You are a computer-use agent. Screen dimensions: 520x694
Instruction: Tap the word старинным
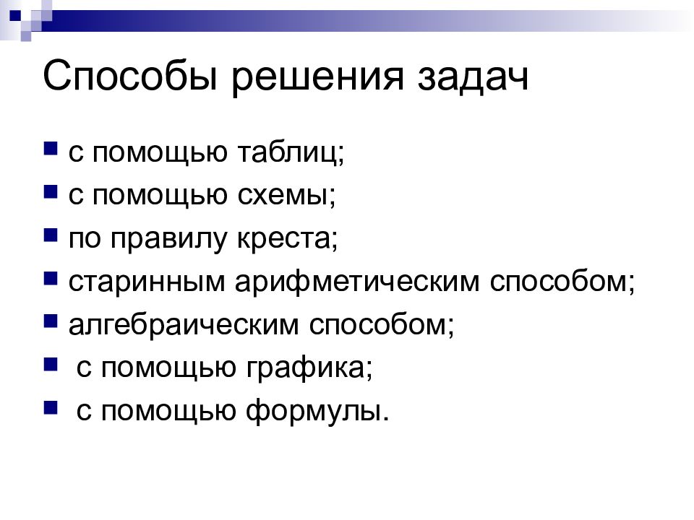[147, 282]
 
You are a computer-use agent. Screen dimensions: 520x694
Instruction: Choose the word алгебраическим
[184, 324]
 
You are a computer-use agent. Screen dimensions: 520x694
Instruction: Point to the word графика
[307, 368]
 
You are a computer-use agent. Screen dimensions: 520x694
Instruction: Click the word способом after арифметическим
[562, 282]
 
